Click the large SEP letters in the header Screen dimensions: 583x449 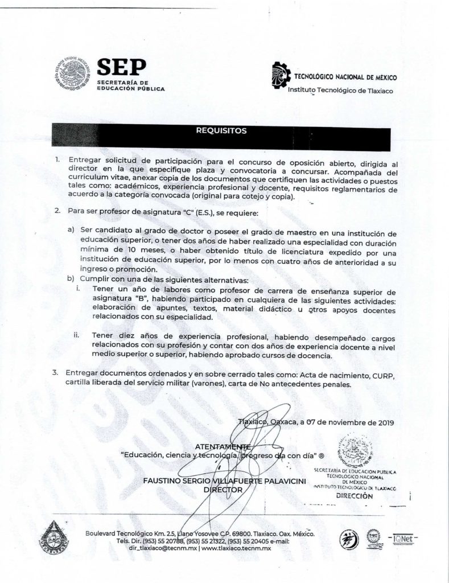pos(122,69)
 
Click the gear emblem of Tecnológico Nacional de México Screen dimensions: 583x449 pos(277,77)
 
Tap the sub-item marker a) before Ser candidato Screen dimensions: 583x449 pos(71,233)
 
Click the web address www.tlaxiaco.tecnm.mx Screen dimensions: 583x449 pos(236,548)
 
